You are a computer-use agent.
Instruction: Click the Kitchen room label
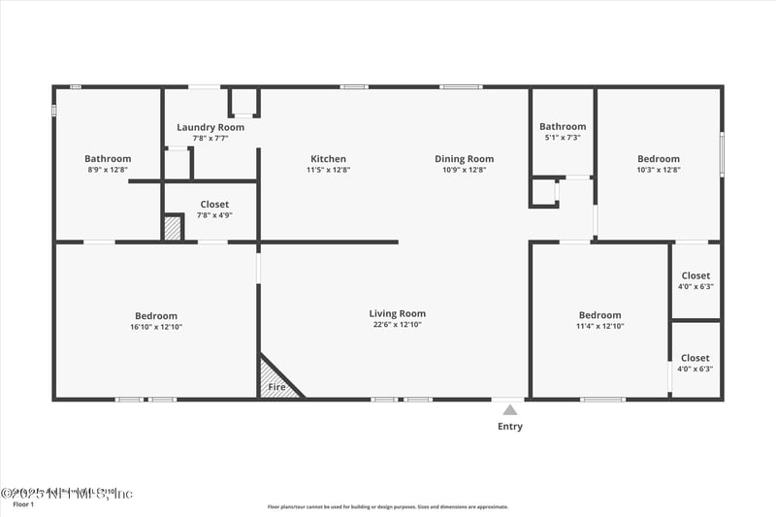(x=328, y=159)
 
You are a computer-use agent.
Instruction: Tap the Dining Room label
(x=464, y=159)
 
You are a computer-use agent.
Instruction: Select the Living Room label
(x=397, y=313)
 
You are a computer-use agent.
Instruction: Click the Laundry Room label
(x=210, y=127)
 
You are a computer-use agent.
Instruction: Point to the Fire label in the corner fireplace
(x=276, y=388)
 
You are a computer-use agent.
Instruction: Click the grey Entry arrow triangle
(x=510, y=410)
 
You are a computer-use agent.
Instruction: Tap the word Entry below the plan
(x=510, y=427)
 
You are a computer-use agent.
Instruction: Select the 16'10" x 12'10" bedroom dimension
(x=156, y=327)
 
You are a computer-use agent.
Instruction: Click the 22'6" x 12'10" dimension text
(x=397, y=325)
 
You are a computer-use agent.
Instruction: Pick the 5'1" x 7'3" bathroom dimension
(x=563, y=138)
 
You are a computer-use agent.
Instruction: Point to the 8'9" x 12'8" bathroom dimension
(x=108, y=170)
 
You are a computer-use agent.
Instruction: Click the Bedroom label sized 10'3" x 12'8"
(x=659, y=159)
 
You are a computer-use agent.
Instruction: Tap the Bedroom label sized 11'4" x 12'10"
(x=599, y=315)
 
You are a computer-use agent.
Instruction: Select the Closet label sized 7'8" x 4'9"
(x=214, y=205)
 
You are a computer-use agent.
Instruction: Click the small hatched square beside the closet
(x=172, y=228)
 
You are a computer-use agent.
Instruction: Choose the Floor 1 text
(x=22, y=504)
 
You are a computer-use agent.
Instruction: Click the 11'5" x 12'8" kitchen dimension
(x=328, y=170)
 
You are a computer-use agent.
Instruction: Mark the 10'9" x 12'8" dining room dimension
(x=464, y=170)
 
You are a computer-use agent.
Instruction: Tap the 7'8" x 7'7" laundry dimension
(x=210, y=138)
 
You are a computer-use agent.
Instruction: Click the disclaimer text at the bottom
(x=388, y=506)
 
